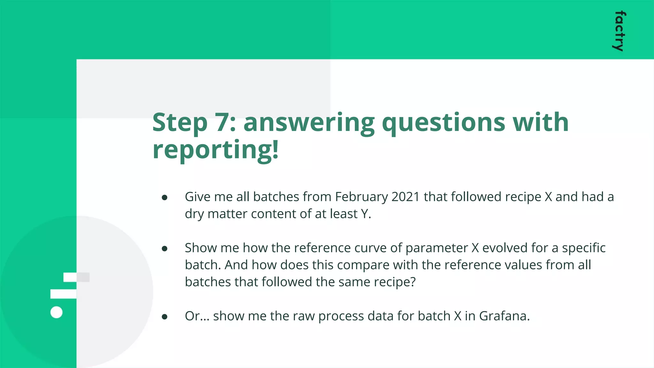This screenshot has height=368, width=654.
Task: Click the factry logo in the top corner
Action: point(619,31)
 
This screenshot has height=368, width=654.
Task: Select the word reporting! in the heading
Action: point(216,149)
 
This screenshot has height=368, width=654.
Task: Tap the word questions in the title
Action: point(444,123)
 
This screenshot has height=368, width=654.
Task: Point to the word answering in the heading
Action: point(309,123)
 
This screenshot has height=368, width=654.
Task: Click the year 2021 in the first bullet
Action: point(405,197)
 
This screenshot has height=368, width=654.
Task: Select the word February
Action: point(361,197)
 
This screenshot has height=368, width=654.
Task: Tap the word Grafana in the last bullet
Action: point(504,316)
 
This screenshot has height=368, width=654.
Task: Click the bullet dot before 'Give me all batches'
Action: point(165,198)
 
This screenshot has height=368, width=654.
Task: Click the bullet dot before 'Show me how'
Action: point(165,249)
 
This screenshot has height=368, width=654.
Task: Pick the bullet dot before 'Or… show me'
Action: point(165,317)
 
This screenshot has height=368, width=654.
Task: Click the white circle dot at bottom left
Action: point(57,312)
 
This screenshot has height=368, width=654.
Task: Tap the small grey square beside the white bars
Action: point(83,277)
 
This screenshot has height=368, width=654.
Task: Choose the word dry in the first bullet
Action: point(194,214)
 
